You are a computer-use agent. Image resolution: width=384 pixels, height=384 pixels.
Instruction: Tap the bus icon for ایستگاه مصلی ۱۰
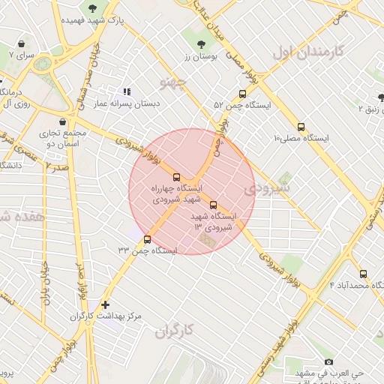click(301, 127)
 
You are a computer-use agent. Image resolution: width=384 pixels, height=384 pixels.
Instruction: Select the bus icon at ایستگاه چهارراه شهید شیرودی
click(177, 178)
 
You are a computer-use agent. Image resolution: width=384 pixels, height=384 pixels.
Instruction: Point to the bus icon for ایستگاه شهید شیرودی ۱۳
click(213, 205)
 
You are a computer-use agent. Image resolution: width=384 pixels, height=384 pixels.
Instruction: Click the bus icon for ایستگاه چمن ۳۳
click(147, 240)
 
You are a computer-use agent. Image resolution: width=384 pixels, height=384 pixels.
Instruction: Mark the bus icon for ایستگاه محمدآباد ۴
click(364, 274)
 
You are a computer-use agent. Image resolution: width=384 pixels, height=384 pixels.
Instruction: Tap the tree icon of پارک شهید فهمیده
click(92, 9)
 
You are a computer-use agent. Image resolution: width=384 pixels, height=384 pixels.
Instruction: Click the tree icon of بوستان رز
click(200, 45)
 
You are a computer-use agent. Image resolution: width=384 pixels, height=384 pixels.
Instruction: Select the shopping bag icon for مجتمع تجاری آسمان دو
click(61, 122)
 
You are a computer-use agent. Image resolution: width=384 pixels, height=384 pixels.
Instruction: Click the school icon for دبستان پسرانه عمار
click(126, 91)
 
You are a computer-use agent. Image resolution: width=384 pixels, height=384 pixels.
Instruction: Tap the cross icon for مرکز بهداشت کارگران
click(105, 305)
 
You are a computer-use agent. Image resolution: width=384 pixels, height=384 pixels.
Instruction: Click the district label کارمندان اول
click(308, 52)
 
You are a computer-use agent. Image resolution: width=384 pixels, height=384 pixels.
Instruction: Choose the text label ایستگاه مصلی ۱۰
click(301, 139)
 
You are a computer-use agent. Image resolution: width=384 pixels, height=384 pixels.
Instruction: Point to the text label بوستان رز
click(200, 57)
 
